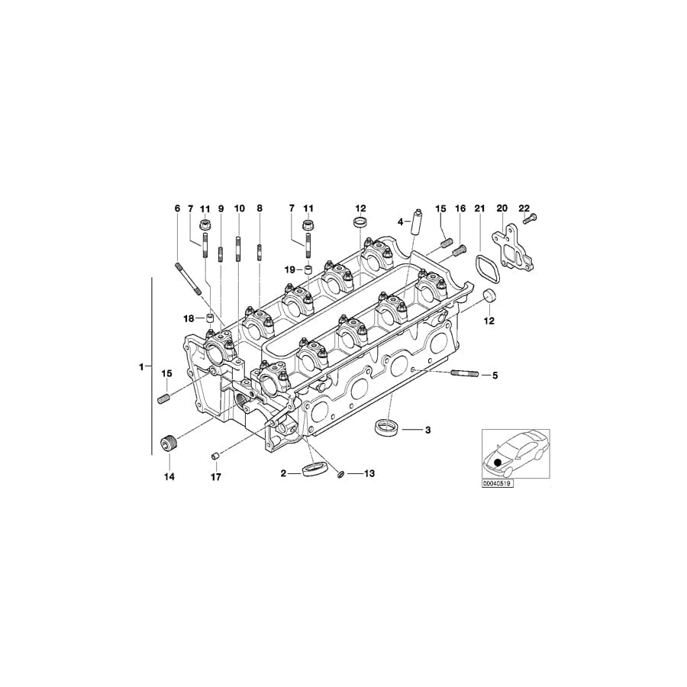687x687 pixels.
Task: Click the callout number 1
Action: tap(141, 367)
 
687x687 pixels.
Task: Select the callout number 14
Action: tap(169, 477)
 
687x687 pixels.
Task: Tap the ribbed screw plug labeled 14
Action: tap(169, 443)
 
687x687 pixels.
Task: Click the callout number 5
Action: tap(494, 375)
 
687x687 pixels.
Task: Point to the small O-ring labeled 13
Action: tap(340, 475)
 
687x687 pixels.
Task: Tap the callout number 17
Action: tap(215, 477)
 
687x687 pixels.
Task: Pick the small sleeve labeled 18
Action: tap(209, 318)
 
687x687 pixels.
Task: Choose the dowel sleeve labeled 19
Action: tap(309, 269)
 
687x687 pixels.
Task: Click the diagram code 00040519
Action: tap(496, 483)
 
